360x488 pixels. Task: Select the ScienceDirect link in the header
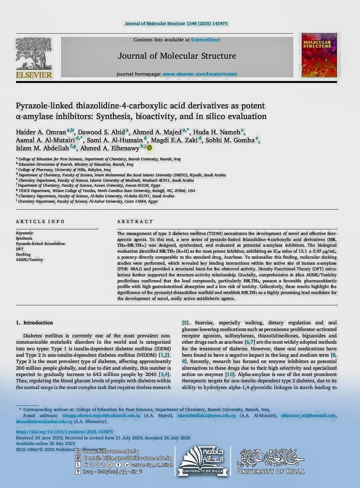(x=206, y=40)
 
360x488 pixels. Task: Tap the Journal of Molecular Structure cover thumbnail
(x=319, y=55)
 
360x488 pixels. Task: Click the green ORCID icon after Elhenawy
(x=149, y=148)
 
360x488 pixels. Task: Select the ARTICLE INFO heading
(x=40, y=222)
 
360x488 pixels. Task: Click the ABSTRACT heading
(x=135, y=222)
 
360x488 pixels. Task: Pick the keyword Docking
(x=23, y=254)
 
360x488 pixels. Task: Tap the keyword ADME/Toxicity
(x=30, y=260)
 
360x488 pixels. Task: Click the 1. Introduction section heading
(x=34, y=323)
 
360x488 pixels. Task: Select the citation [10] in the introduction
(x=230, y=374)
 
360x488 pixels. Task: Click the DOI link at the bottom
(x=64, y=432)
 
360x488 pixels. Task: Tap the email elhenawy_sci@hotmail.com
(x=309, y=416)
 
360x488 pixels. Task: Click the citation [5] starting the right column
(x=186, y=323)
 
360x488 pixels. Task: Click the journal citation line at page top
(x=176, y=24)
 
